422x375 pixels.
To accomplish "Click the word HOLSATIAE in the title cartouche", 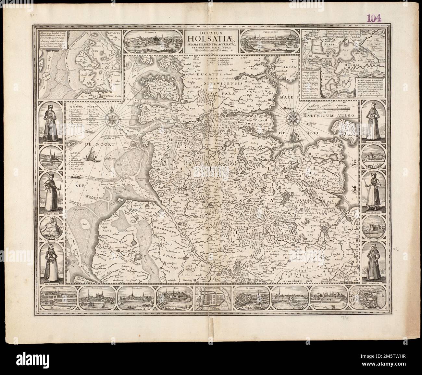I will click(211, 39).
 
